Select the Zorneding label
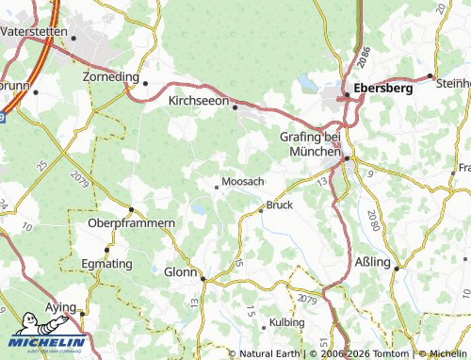pyautogui.click(x=111, y=75)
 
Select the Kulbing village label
pyautogui.click(x=287, y=322)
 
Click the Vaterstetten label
pyautogui.click(x=33, y=31)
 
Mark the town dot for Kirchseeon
pyautogui.click(x=235, y=106)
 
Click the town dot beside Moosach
pyautogui.click(x=217, y=187)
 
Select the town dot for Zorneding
pyautogui.click(x=146, y=82)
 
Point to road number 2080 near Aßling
pyautogui.click(x=374, y=223)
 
